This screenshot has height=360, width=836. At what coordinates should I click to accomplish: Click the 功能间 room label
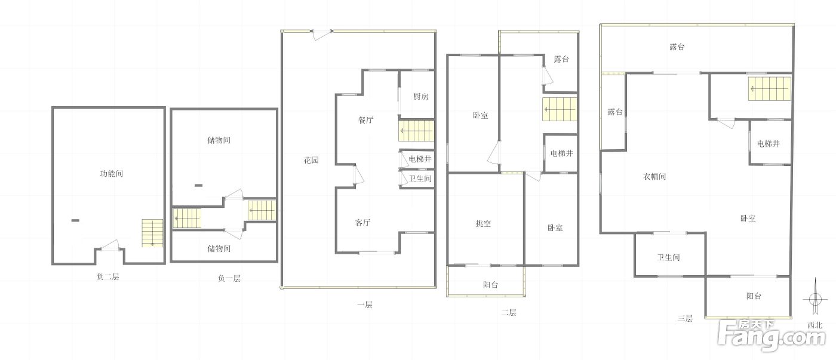coord(111,174)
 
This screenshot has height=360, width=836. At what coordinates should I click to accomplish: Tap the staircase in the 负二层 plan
coord(152,233)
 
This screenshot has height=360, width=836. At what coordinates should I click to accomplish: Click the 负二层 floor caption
coord(108,277)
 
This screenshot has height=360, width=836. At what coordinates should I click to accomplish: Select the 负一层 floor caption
coord(229,278)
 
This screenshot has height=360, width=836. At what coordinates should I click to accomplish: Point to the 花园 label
coord(311,161)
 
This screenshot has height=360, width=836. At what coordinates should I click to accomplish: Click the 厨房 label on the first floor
coord(420,97)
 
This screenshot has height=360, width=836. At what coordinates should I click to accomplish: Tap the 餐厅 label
coord(365,120)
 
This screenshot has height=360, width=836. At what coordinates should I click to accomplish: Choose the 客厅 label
coord(362,223)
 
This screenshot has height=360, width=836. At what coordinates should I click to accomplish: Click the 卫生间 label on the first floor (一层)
coord(420,179)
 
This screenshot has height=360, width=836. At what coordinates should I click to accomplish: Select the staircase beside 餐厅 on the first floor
coord(417,131)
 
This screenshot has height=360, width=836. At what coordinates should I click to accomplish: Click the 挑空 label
coord(483,223)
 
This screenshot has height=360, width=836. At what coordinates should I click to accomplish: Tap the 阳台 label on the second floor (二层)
coord(490,285)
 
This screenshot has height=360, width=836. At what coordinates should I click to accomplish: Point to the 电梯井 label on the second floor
coord(562,153)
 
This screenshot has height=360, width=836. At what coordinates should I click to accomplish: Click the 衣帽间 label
coord(654,177)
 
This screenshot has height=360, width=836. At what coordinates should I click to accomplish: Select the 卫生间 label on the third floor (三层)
coord(668,257)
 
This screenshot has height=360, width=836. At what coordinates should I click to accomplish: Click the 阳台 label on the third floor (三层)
coord(754,296)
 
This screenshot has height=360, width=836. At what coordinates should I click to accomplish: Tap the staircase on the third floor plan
coord(770,89)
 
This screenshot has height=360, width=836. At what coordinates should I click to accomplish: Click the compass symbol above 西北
coord(816,298)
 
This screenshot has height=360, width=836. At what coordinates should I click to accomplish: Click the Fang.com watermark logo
coord(772,336)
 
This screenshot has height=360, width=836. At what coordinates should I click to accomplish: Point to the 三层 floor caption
coord(686,319)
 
